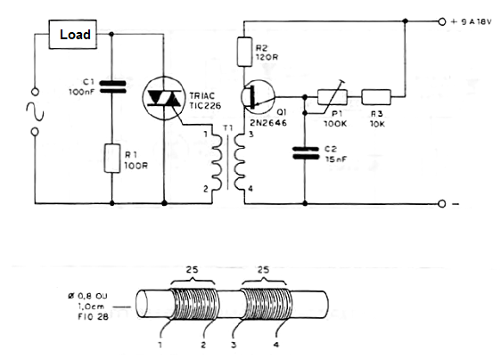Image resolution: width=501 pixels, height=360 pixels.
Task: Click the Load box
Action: click(73, 35)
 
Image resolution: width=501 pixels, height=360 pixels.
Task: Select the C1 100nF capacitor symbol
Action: click(112, 87)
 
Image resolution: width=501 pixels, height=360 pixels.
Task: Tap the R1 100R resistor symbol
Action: click(112, 159)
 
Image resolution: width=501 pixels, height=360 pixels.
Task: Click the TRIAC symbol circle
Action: click(164, 98)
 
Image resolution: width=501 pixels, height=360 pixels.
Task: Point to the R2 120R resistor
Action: click(244, 52)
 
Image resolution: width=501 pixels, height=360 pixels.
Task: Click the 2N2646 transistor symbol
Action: click(258, 96)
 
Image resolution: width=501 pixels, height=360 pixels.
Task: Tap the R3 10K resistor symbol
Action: click(376, 97)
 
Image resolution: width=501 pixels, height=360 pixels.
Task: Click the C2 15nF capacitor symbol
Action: click(306, 153)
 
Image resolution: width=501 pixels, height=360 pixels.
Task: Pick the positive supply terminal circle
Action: click(441, 21)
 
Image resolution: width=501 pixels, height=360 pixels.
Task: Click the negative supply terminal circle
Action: click(441, 204)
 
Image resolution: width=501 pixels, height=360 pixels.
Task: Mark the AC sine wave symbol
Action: click(35, 111)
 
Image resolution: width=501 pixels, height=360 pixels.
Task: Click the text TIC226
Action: click(205, 106)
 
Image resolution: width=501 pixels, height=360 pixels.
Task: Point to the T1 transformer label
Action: click(228, 128)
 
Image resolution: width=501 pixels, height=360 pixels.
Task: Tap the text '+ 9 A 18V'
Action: click(471, 22)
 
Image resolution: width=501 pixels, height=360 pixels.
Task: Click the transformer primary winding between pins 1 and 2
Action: click(217, 161)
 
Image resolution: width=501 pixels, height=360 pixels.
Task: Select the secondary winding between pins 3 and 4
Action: click(240, 161)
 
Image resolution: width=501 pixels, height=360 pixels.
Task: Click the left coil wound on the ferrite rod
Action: click(194, 304)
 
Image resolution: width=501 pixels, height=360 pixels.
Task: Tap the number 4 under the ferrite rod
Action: click(276, 345)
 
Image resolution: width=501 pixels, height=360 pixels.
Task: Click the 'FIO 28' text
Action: click(93, 317)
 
